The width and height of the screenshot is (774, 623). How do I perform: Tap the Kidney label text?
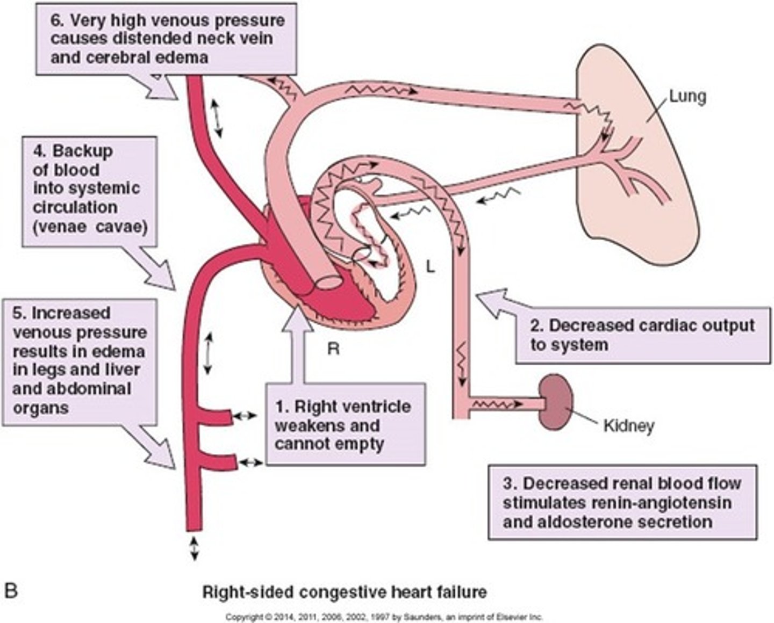[629, 426]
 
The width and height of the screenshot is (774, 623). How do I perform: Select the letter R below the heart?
[333, 349]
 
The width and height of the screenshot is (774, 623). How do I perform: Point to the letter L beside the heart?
[430, 266]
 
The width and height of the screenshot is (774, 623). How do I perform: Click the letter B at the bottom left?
[11, 591]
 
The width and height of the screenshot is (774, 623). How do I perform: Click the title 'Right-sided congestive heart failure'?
[344, 592]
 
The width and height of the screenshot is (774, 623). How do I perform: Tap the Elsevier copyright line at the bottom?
[384, 617]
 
